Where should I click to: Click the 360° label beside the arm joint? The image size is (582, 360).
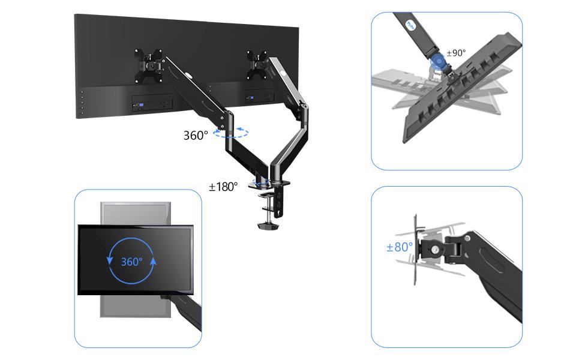click(x=196, y=135)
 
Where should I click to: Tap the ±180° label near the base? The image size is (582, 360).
click(x=223, y=187)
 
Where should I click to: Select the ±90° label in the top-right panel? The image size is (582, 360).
click(x=456, y=53)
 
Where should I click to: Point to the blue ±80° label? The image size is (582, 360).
click(x=400, y=247)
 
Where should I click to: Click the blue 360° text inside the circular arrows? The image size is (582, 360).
click(x=132, y=262)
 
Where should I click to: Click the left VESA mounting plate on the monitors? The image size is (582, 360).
click(x=149, y=65)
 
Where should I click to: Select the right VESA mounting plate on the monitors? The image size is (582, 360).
click(x=257, y=65)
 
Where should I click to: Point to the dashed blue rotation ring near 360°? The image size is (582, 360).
click(x=231, y=133)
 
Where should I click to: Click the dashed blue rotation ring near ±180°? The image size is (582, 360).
click(x=262, y=182)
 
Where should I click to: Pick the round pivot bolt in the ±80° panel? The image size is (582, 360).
click(x=434, y=250)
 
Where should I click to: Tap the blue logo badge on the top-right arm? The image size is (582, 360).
click(x=410, y=25)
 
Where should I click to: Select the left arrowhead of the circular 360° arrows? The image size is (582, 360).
click(x=109, y=260)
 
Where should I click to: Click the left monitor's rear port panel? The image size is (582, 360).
click(x=152, y=102)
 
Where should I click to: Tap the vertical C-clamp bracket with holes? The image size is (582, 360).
click(x=278, y=200)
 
